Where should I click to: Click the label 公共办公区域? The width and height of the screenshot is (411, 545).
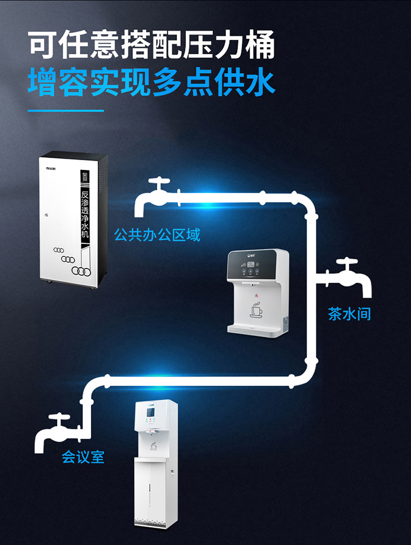(157, 235)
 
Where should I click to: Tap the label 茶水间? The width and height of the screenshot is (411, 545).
(349, 314)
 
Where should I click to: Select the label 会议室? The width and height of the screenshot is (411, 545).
(83, 457)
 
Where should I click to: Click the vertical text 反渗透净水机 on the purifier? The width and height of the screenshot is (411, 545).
(85, 215)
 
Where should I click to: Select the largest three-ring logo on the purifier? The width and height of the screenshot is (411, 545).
(81, 271)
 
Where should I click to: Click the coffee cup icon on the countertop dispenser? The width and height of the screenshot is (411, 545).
(256, 310)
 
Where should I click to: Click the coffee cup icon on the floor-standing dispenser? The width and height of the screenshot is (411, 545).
(154, 446)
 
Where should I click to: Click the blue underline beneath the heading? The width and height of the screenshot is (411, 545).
(66, 111)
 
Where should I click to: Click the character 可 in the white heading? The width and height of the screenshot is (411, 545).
(42, 45)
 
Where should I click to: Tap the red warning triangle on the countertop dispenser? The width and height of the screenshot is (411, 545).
(256, 296)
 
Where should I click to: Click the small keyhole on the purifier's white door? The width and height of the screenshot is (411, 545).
(46, 215)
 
